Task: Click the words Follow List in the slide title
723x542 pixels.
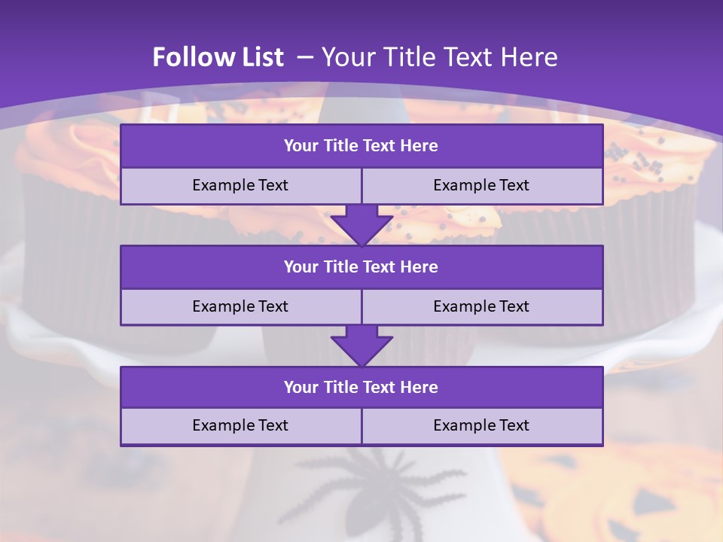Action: (x=218, y=57)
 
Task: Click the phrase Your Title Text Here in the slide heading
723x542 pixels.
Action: (x=440, y=57)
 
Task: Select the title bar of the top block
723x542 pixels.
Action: (x=361, y=146)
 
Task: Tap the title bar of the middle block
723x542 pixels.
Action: (x=361, y=267)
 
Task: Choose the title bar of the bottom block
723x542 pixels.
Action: (x=361, y=388)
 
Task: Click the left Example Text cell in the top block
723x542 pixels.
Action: (x=240, y=186)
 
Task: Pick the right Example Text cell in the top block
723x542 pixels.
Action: (x=482, y=186)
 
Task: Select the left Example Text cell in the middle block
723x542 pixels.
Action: (x=240, y=307)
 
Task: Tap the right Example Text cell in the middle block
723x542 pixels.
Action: (x=482, y=307)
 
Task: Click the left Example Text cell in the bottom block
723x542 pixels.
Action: (x=240, y=426)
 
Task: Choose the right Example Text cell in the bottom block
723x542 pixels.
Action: (x=482, y=426)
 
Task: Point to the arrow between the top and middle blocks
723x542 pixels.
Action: (x=361, y=224)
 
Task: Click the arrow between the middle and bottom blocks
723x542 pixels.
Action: (x=361, y=346)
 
